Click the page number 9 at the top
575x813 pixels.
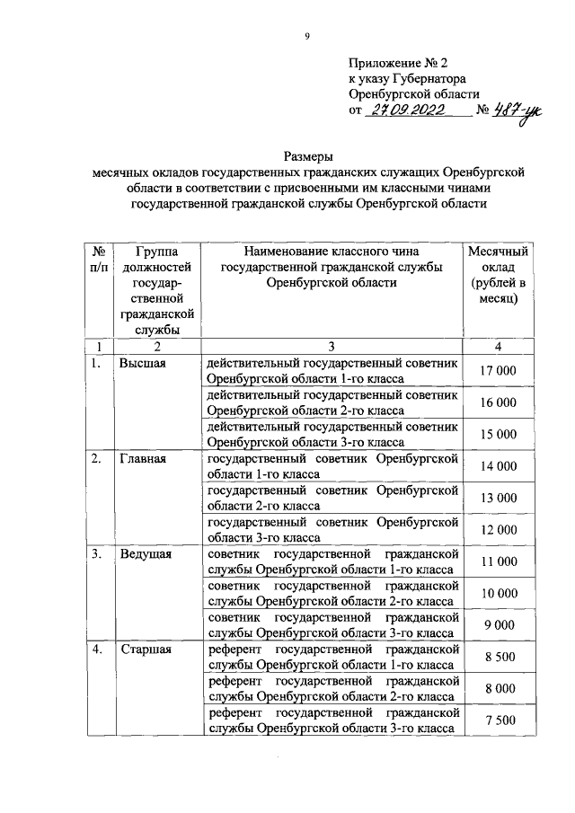click(x=306, y=36)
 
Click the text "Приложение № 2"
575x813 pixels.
click(x=396, y=64)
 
